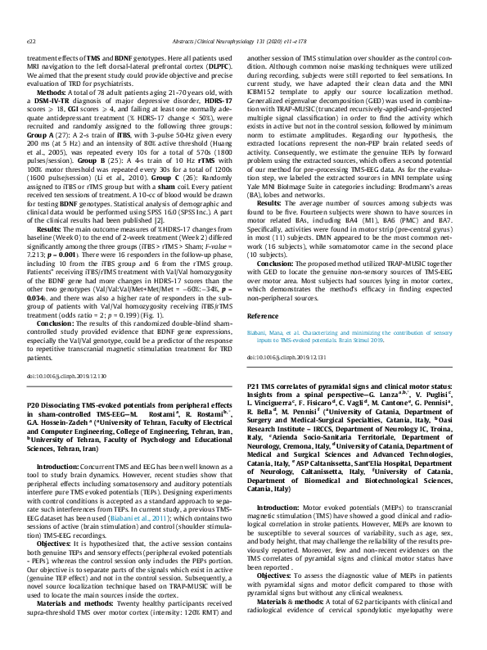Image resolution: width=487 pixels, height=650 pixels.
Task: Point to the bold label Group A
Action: pyautogui.click(x=40, y=156)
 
